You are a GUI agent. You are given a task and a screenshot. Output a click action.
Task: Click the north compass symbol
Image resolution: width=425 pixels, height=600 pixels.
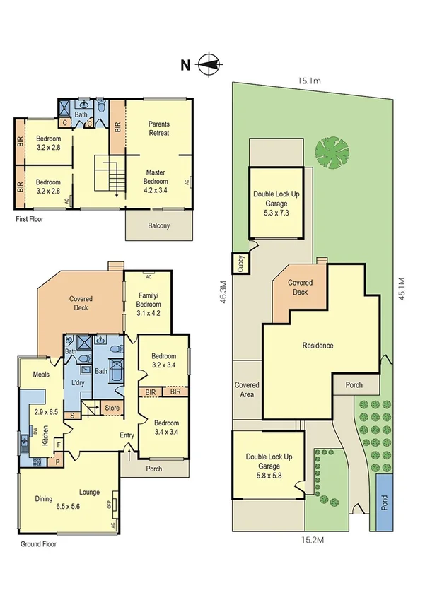[207, 65]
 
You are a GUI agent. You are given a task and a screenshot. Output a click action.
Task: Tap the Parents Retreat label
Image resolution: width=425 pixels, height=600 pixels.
[159, 129]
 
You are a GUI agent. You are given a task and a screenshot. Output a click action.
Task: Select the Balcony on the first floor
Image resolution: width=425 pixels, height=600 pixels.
[158, 226]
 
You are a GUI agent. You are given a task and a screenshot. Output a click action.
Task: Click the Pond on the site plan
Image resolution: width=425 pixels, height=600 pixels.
[385, 502]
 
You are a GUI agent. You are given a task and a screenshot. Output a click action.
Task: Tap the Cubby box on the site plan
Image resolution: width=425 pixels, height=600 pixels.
[240, 264]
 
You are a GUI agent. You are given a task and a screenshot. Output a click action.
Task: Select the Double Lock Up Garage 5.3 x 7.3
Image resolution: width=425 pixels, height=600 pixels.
[275, 203]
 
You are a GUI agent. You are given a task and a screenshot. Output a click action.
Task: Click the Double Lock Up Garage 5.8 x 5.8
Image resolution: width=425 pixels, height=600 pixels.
[269, 462]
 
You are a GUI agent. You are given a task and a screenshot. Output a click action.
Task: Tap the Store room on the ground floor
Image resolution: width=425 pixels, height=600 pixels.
[112, 408]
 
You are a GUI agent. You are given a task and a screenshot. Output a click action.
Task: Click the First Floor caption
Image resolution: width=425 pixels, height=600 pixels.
[32, 220]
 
